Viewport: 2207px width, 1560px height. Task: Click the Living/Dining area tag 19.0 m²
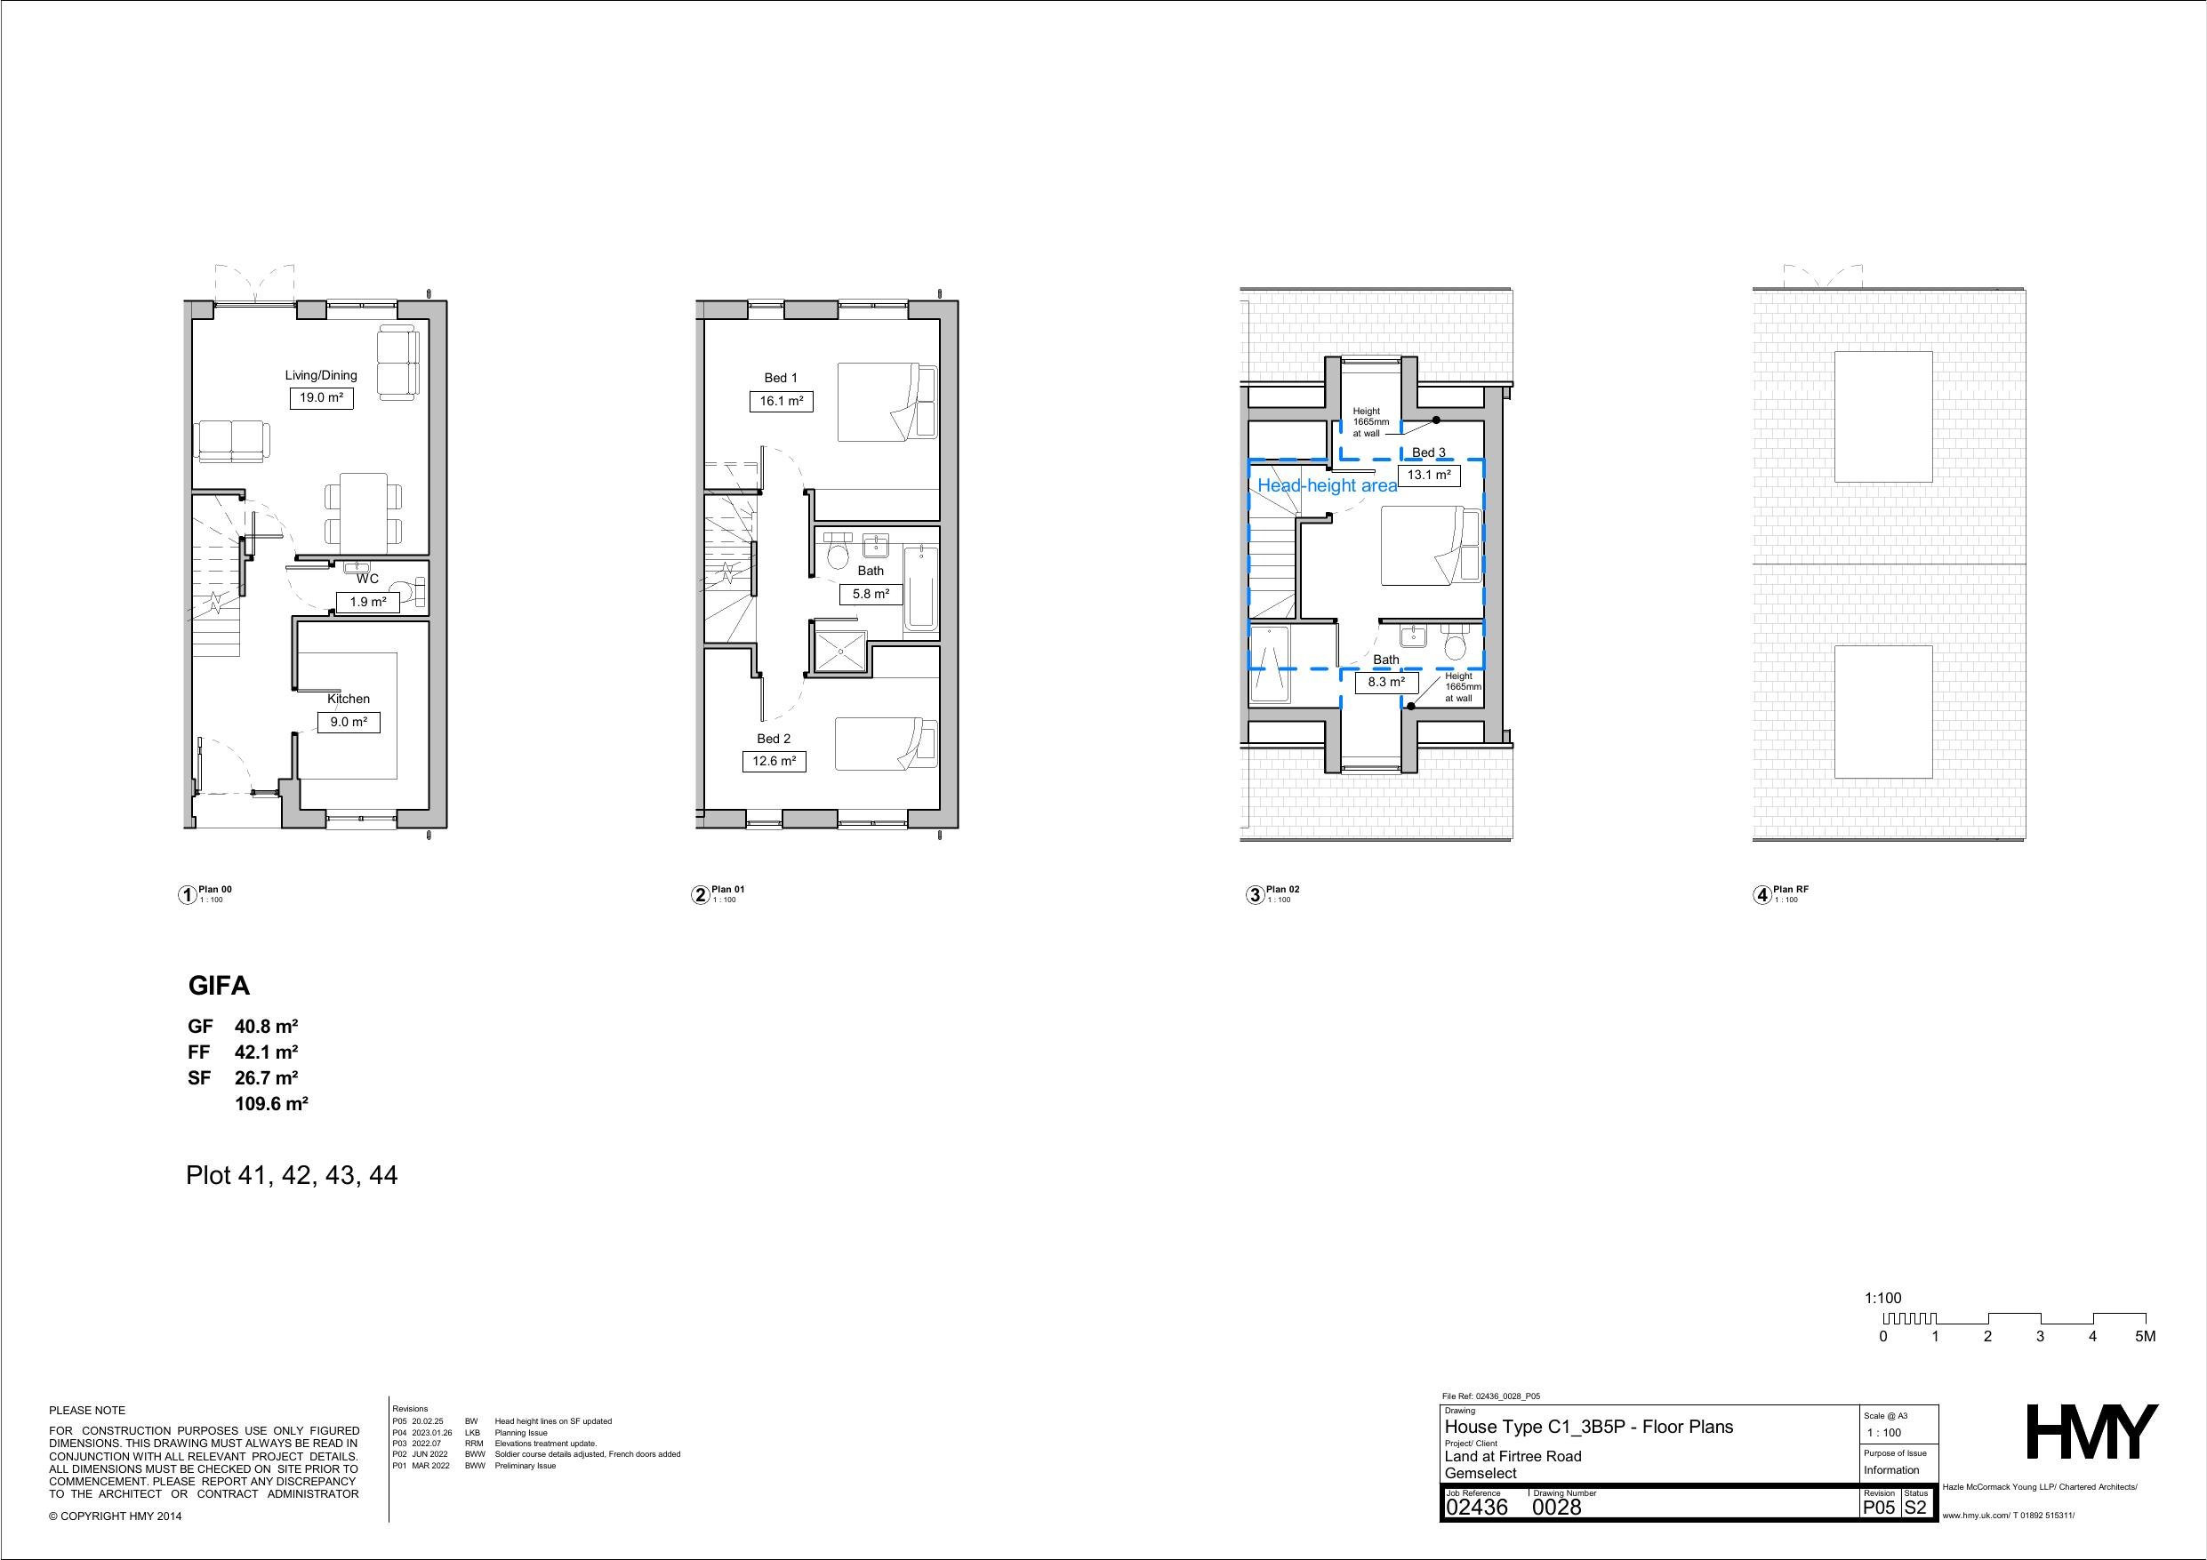point(321,397)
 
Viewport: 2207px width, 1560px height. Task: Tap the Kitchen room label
point(348,699)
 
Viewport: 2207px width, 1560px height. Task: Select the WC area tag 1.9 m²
point(368,603)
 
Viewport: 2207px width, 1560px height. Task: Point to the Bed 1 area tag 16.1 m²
point(781,401)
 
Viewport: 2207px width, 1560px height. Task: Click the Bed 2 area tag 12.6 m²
point(774,761)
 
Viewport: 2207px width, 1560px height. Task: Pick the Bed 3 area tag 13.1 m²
point(1429,475)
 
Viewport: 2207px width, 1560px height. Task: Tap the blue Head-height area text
point(1328,486)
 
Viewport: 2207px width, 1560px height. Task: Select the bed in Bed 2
point(886,744)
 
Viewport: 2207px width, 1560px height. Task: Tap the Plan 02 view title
point(1282,889)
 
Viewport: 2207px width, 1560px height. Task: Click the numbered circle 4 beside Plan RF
point(1762,895)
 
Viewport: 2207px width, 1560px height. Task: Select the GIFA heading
point(219,985)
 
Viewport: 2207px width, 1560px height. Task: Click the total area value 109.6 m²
point(271,1103)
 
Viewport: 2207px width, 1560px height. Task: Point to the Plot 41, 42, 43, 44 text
point(292,1175)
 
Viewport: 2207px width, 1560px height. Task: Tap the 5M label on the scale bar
point(2145,1336)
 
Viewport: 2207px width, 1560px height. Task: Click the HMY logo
point(2091,1431)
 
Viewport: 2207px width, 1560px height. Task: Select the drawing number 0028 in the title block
point(1556,1508)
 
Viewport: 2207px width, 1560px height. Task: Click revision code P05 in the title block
point(1878,1508)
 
